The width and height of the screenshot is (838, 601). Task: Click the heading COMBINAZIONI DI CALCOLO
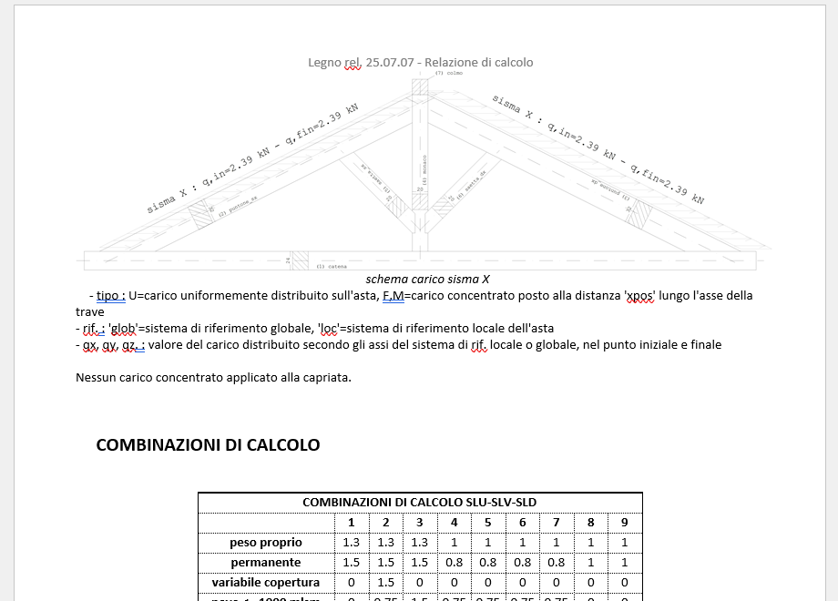pos(208,445)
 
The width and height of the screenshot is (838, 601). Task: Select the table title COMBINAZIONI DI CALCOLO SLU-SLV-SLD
pos(419,503)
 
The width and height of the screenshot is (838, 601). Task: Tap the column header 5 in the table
pos(487,523)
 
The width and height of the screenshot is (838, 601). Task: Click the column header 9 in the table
pos(625,523)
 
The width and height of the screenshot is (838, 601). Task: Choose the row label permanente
pos(265,563)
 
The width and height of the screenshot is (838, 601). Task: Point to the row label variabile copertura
pos(265,583)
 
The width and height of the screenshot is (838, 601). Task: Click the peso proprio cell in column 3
pos(419,543)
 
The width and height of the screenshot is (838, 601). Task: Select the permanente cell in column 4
pos(454,563)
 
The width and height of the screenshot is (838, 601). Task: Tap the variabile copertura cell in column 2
pos(385,583)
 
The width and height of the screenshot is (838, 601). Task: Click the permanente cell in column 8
pos(590,563)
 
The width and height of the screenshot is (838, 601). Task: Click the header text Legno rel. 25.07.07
pos(361,63)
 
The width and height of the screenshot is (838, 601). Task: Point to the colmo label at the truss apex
pos(450,73)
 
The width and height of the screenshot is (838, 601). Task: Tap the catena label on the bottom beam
pos(333,267)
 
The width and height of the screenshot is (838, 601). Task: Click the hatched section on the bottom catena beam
pos(297,260)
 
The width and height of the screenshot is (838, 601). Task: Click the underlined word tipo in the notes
pos(110,296)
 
